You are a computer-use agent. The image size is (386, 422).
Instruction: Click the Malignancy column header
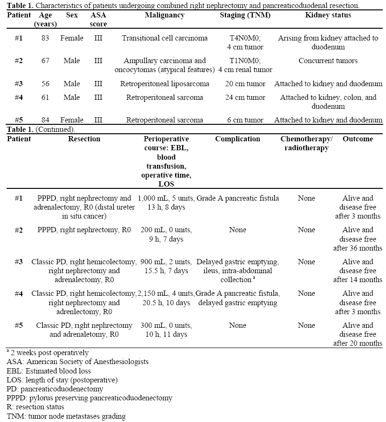[x=164, y=15]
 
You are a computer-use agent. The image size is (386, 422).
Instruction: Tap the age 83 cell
[x=45, y=38]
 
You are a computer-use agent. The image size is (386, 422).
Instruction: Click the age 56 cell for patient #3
[x=45, y=84]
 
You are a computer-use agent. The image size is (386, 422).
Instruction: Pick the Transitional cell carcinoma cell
[x=164, y=38]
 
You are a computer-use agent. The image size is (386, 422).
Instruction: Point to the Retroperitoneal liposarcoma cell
[x=164, y=84]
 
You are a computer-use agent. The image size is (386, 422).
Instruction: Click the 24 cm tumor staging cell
[x=246, y=97]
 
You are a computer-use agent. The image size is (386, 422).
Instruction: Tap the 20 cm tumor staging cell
[x=246, y=84]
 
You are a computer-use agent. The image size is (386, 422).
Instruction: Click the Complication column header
[x=237, y=139]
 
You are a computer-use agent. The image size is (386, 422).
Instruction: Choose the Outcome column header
[x=357, y=139]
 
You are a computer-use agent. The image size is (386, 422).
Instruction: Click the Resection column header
[x=84, y=139]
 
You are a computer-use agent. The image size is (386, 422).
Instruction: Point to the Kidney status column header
[x=328, y=15]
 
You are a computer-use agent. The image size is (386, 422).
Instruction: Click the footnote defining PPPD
[x=89, y=398]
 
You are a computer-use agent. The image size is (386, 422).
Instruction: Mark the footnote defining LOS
[x=62, y=380]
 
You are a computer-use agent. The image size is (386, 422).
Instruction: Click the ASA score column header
[x=98, y=20]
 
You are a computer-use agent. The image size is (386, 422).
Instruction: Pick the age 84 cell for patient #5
[x=45, y=120]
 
